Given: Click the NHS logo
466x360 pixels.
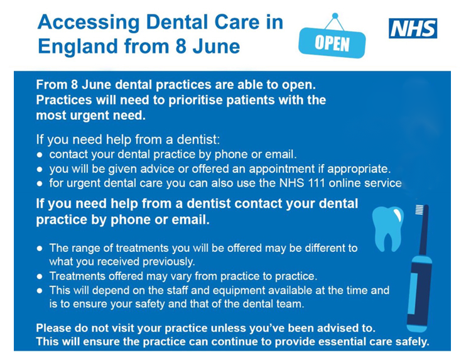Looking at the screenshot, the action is click(413, 28).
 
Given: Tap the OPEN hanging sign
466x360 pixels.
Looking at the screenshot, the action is click(332, 43).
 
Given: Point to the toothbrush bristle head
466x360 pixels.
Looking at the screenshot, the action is click(419, 210).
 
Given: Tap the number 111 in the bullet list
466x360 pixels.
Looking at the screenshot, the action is click(317, 183).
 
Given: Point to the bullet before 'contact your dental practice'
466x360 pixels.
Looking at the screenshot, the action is click(40, 155).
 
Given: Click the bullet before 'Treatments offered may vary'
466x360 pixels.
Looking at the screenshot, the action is click(40, 277).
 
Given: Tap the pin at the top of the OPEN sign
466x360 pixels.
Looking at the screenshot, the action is click(335, 16).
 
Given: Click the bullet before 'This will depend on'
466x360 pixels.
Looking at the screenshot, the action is click(40, 291).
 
